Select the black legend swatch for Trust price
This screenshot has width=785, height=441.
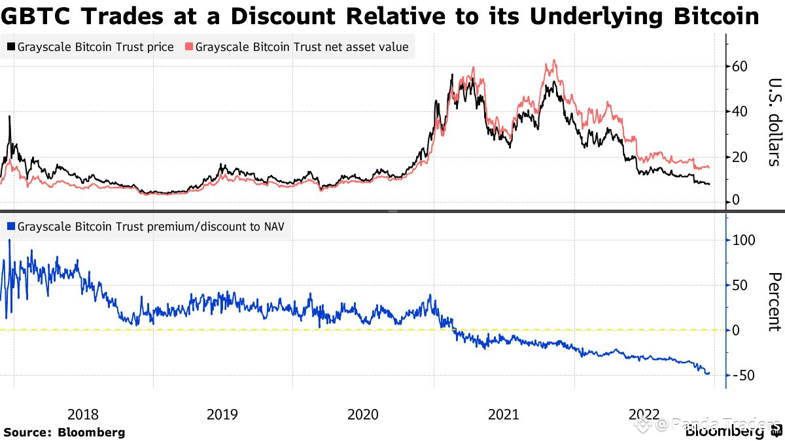11,47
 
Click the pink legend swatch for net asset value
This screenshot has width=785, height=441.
189,47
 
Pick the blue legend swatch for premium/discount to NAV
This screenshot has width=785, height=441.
11,227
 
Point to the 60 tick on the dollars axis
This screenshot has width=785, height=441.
741,67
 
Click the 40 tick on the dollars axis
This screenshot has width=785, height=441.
741,112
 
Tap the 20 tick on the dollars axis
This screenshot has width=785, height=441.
741,157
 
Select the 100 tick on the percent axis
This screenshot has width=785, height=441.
744,240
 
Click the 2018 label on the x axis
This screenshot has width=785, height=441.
83,414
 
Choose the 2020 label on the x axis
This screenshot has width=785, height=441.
363,414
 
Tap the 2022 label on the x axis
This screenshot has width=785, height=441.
644,414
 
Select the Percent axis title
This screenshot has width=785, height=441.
774,302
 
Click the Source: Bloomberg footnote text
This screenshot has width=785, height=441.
64,432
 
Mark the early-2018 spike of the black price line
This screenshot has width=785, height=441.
9,118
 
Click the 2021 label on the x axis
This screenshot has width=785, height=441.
504,414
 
